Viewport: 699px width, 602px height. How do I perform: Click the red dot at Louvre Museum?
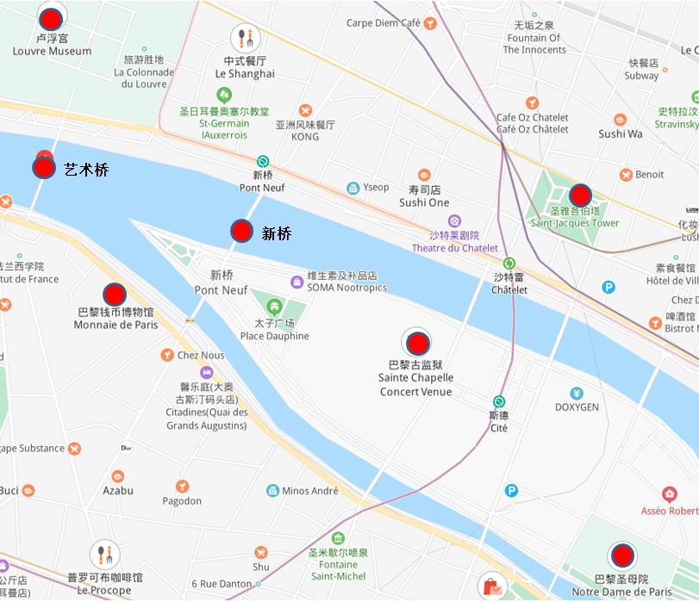[x=52, y=16]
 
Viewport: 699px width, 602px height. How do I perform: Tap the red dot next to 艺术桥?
[x=44, y=167]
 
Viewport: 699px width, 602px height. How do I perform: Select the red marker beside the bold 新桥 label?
[x=241, y=231]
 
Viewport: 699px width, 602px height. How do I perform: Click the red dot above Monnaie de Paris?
[x=115, y=295]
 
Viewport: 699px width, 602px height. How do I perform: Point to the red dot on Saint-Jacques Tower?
[x=580, y=195]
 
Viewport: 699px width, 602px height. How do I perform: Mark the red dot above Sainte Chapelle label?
[x=417, y=344]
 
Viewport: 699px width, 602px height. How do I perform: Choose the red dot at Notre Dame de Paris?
[x=621, y=556]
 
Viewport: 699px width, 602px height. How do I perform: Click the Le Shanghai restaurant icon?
[x=246, y=38]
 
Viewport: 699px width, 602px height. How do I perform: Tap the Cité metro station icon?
[x=499, y=401]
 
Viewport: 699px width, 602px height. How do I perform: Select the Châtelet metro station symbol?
[x=509, y=263]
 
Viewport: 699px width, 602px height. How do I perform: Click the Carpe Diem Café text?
[x=384, y=23]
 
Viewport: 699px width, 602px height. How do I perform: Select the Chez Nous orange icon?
[x=166, y=355]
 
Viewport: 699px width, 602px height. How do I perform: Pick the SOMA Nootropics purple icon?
[x=296, y=282]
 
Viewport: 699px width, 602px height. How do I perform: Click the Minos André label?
[x=309, y=491]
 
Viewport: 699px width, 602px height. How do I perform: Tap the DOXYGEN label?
[x=577, y=407]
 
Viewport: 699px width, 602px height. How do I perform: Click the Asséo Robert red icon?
[x=670, y=494]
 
